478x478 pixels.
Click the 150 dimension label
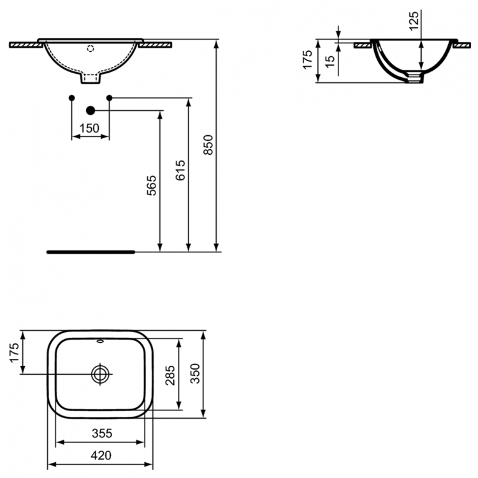(89, 128)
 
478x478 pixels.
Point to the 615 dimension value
(180, 171)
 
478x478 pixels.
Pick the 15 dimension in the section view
(329, 62)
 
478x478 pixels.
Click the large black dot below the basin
(90, 110)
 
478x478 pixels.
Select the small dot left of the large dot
(71, 98)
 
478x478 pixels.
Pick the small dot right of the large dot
(109, 98)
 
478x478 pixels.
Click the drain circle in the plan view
(101, 373)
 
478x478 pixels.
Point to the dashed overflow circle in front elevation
(90, 47)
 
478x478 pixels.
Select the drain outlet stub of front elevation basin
(90, 78)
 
